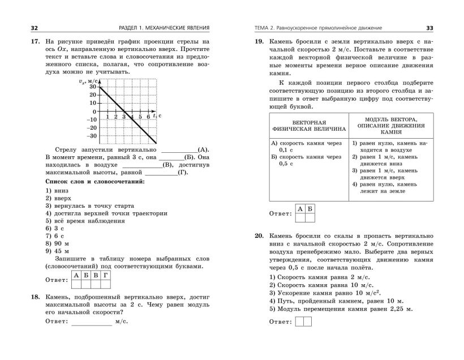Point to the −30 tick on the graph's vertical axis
[x=91, y=136]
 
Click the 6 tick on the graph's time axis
[x=148, y=116]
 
